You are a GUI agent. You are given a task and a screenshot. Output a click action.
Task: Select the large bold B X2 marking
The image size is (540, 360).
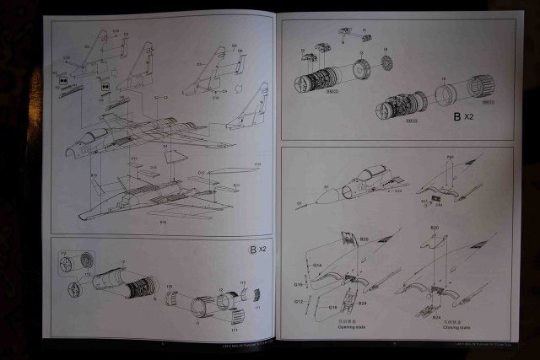tap(463, 116)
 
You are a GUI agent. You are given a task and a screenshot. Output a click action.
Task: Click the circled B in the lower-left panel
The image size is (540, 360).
tap(251, 250)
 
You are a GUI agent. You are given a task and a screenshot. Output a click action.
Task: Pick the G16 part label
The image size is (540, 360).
tap(332, 307)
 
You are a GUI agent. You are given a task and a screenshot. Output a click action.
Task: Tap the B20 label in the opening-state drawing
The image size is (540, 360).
tap(364, 239)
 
